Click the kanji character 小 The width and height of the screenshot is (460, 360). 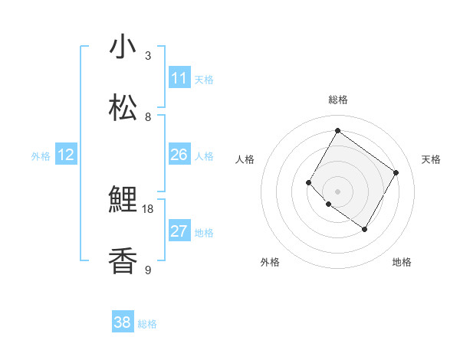(x=123, y=47)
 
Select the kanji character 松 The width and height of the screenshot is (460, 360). (x=123, y=107)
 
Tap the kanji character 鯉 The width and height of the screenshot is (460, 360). (x=123, y=200)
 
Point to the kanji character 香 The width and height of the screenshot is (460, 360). (x=123, y=260)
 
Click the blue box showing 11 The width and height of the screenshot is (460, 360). (x=179, y=78)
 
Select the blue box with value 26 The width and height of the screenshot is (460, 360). (x=179, y=155)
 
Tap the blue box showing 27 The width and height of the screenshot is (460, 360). (x=179, y=231)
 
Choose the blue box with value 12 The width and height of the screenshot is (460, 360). (x=66, y=155)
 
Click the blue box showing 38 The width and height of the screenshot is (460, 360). (x=123, y=323)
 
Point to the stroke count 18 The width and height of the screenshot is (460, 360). (x=148, y=208)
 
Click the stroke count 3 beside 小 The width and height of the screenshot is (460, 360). (x=148, y=56)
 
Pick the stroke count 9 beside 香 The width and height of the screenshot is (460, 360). (x=148, y=270)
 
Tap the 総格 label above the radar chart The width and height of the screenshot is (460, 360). (x=337, y=100)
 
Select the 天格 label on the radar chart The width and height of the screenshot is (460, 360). (x=431, y=159)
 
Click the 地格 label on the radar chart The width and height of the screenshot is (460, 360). (x=402, y=262)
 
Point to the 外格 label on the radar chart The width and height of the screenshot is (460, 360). (x=270, y=262)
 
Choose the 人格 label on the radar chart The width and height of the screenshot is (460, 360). (x=245, y=159)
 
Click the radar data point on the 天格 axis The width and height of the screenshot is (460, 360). (x=396, y=173)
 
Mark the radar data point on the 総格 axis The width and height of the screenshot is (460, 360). (x=337, y=130)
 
